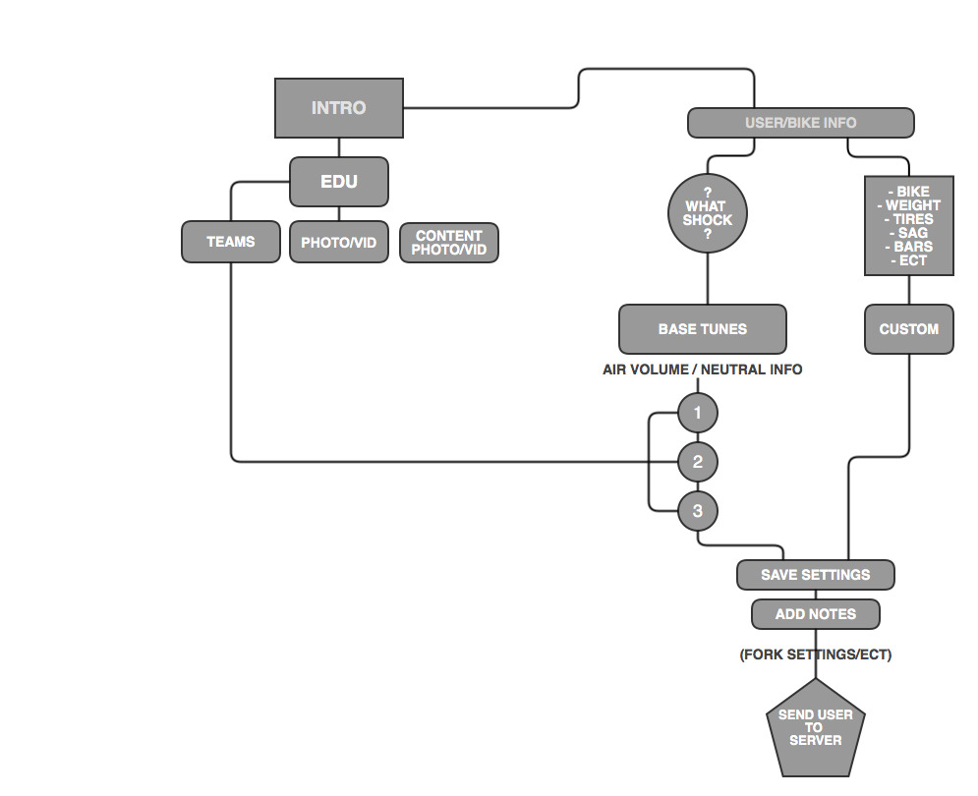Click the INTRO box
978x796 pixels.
tap(338, 108)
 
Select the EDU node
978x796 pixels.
tap(339, 182)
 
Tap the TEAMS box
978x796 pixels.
tap(230, 242)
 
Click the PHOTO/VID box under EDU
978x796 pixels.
tap(338, 243)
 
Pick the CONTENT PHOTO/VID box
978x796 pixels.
tap(448, 243)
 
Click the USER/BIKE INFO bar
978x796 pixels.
tap(800, 123)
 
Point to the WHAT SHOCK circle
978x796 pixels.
tap(707, 213)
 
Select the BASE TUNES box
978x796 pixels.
tap(702, 329)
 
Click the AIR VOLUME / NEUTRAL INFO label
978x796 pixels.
tap(702, 370)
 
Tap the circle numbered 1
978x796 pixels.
tap(698, 413)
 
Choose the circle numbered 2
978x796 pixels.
tap(698, 462)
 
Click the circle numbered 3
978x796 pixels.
tap(698, 511)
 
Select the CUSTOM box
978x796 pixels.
tap(908, 329)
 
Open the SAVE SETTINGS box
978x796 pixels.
tap(815, 575)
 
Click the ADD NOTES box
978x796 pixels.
tap(815, 614)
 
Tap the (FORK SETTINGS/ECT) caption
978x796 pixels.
tap(815, 654)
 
